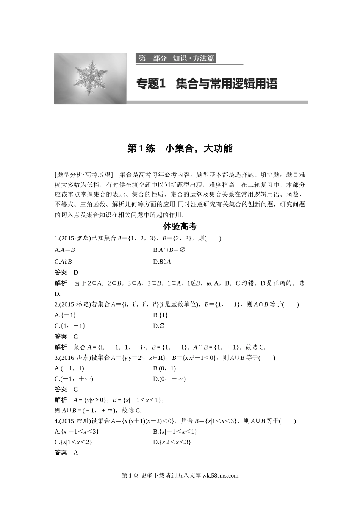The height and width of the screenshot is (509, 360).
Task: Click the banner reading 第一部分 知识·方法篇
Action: [176, 58]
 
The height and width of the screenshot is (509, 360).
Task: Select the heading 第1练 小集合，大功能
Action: [180, 148]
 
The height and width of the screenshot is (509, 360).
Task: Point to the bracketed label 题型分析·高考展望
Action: [84, 175]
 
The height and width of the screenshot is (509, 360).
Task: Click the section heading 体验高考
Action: [180, 226]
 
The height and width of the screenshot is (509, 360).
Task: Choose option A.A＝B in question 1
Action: [65, 250]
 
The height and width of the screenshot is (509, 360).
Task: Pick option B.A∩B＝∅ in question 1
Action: [169, 250]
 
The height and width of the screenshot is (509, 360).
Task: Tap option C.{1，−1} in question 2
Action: [70, 326]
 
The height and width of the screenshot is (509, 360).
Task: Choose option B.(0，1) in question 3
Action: [164, 368]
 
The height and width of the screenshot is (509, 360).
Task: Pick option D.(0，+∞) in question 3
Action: [169, 379]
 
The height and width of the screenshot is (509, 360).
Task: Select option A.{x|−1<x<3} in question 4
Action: [77, 431]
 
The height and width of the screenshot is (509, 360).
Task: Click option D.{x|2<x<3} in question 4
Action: [172, 442]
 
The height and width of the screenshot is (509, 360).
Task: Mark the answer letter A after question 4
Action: [76, 453]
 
